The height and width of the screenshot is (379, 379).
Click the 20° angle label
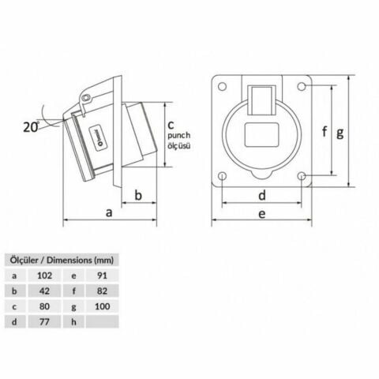tap(31, 126)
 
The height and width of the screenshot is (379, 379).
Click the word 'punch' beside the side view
tap(179, 136)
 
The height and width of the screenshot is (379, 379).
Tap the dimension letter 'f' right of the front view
tap(324, 133)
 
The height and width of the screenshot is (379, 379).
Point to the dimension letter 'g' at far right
tap(340, 133)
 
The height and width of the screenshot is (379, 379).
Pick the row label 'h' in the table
tap(72, 321)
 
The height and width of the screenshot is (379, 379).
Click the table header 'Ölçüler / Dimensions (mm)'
tap(59, 258)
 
